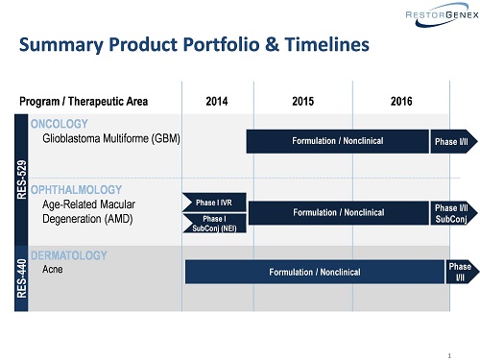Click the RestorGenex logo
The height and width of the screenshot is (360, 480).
pyautogui.click(x=442, y=14)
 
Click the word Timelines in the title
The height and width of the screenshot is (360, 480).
pyautogui.click(x=327, y=44)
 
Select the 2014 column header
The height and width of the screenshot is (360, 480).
pyautogui.click(x=217, y=102)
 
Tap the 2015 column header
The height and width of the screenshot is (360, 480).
pyautogui.click(x=302, y=102)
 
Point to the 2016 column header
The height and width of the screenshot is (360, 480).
pyautogui.click(x=401, y=102)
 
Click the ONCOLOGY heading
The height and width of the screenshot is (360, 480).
pyautogui.click(x=60, y=124)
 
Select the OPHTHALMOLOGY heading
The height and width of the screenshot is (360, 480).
pyautogui.click(x=76, y=190)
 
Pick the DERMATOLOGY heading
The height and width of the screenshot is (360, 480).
pyautogui.click(x=69, y=255)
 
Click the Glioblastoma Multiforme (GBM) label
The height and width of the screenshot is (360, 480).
pyautogui.click(x=111, y=138)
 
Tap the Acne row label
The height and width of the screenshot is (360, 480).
pyautogui.click(x=53, y=269)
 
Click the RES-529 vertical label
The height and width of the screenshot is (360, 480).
pyautogui.click(x=21, y=180)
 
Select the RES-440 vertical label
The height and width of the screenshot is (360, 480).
pyautogui.click(x=21, y=278)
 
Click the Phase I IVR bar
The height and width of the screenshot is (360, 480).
pyautogui.click(x=214, y=203)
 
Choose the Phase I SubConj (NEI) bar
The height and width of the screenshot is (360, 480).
pyautogui.click(x=214, y=224)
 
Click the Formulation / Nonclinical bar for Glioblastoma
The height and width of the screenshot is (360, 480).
pyautogui.click(x=338, y=141)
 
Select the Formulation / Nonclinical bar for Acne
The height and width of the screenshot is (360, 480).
pyautogui.click(x=315, y=272)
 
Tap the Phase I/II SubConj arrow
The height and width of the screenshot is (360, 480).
pyautogui.click(x=454, y=213)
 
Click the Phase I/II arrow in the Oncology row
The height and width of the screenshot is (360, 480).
pyautogui.click(x=454, y=141)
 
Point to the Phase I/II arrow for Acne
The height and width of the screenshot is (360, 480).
pyautogui.click(x=463, y=272)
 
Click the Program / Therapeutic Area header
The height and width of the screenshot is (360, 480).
pyautogui.click(x=84, y=102)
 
